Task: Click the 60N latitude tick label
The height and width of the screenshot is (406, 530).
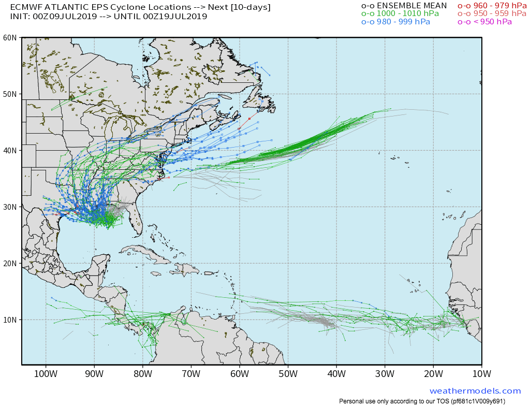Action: click(x=10, y=38)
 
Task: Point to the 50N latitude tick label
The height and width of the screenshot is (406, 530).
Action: click(x=10, y=94)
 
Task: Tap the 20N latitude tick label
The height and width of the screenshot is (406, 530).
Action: click(x=10, y=264)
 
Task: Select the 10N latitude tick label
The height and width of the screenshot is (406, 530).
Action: click(x=10, y=320)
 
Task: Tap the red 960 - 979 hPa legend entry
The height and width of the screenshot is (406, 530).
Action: click(x=492, y=6)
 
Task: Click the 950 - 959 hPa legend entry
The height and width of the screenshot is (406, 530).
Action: click(x=492, y=13)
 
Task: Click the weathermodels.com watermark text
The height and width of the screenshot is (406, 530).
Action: click(x=475, y=391)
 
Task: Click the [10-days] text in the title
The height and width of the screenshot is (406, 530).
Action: click(x=251, y=7)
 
